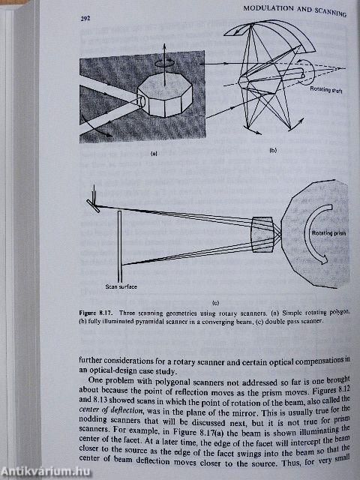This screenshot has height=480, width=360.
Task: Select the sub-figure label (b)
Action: click(272, 151)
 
